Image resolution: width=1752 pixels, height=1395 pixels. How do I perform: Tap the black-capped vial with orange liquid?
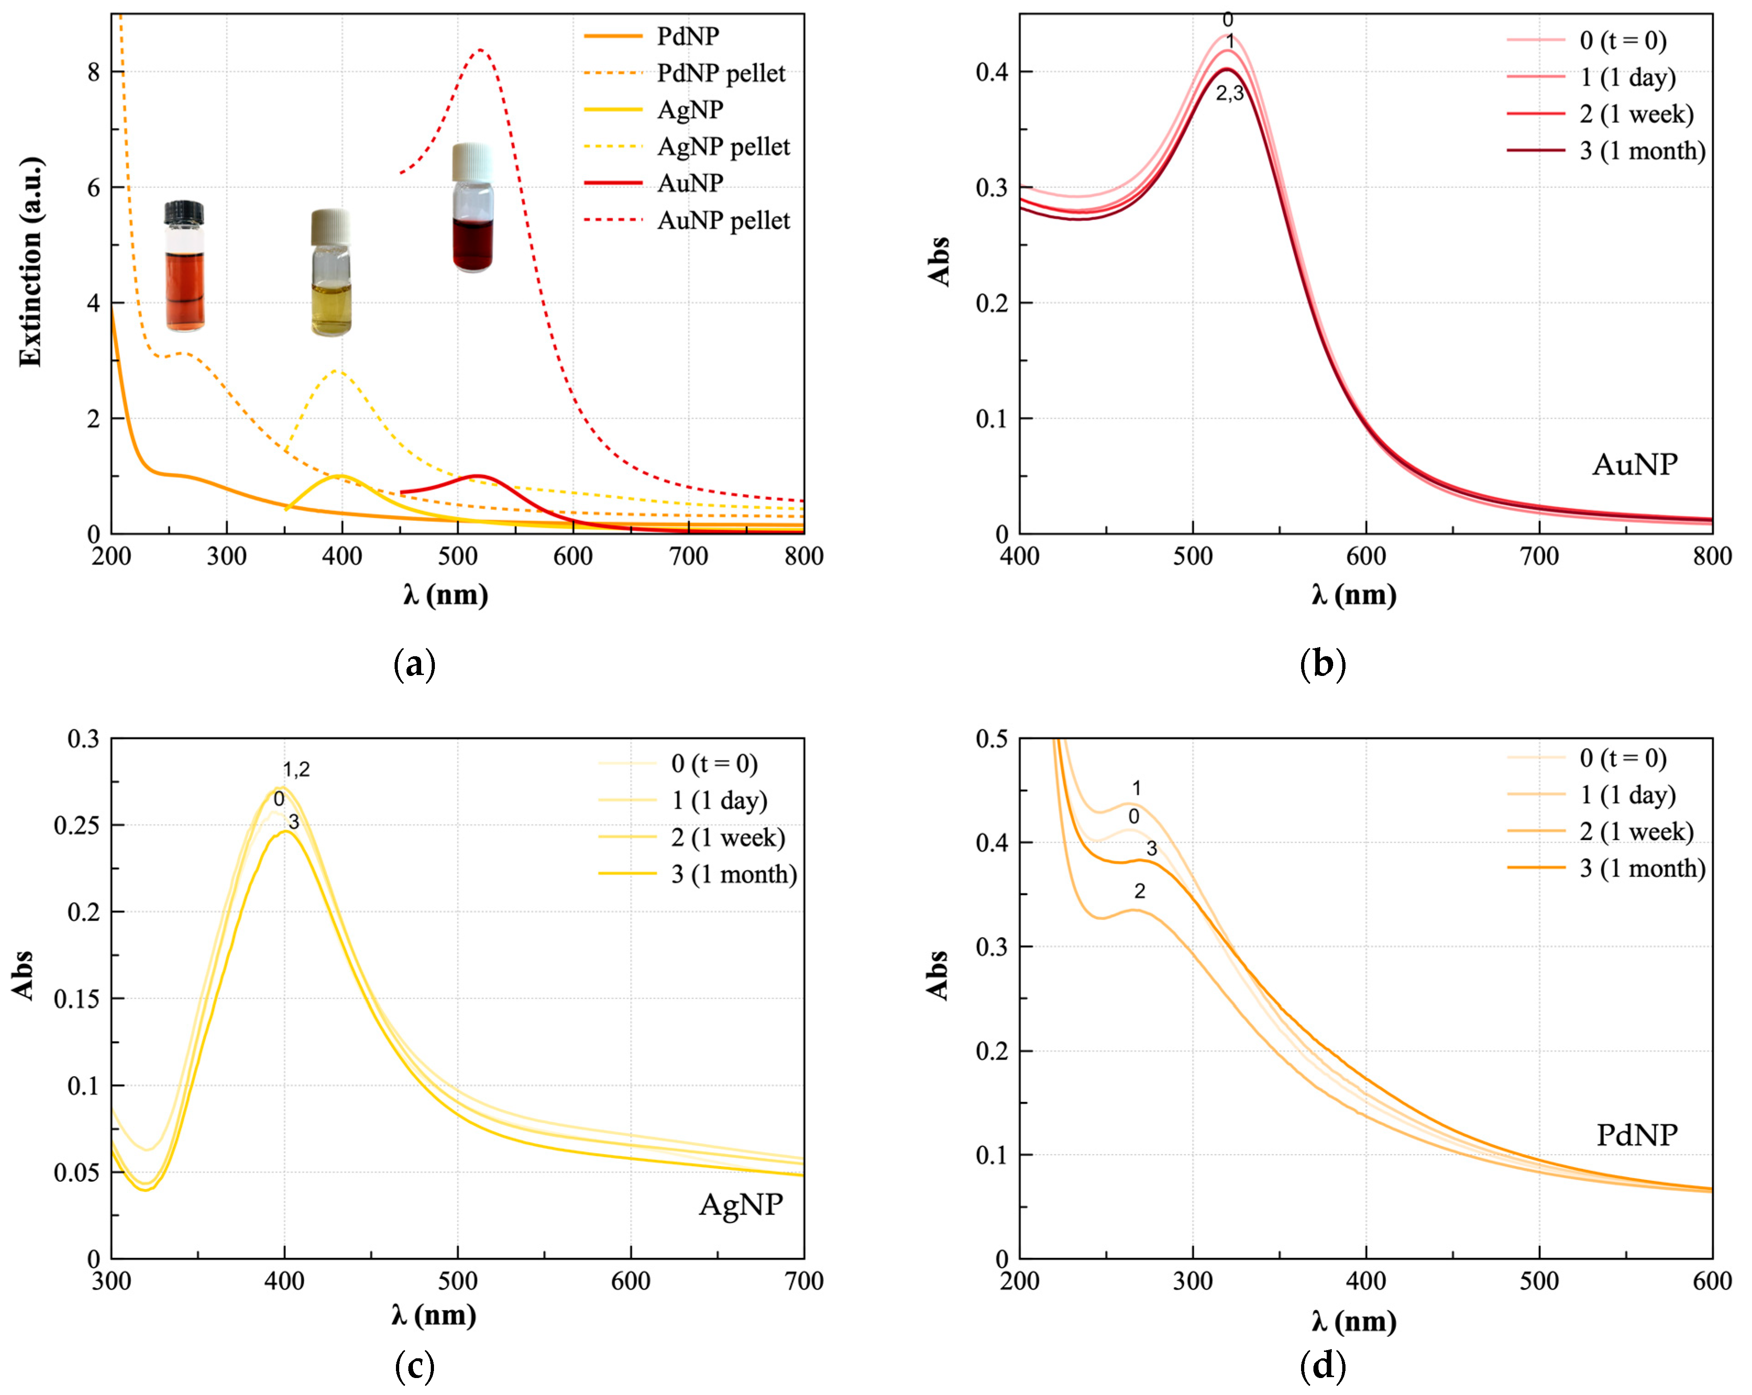coord(185,266)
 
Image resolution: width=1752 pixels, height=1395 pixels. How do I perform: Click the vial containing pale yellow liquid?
coord(331,273)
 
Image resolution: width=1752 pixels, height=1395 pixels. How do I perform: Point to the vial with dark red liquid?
coord(473,208)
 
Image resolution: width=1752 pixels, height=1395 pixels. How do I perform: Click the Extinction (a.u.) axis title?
coord(31,262)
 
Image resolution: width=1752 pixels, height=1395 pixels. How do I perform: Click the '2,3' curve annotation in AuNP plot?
coord(1230,94)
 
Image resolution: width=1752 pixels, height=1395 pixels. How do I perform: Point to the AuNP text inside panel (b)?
coord(1634,464)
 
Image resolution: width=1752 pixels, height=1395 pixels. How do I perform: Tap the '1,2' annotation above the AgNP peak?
coord(296,769)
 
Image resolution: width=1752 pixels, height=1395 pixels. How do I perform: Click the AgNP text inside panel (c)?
coord(740,1204)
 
